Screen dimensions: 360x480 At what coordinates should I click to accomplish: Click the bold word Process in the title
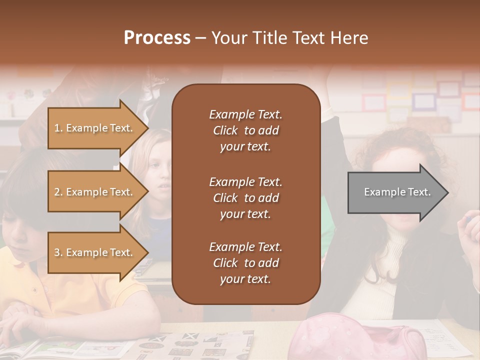click(x=157, y=38)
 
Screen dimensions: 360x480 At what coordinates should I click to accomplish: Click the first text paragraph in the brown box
click(x=245, y=130)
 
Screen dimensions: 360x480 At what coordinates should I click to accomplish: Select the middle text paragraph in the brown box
click(x=245, y=198)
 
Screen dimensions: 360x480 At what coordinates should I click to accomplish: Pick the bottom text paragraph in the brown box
click(x=245, y=263)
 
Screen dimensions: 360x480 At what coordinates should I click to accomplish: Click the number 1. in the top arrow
click(x=58, y=128)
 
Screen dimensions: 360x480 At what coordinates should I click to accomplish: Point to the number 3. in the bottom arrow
click(x=58, y=252)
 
